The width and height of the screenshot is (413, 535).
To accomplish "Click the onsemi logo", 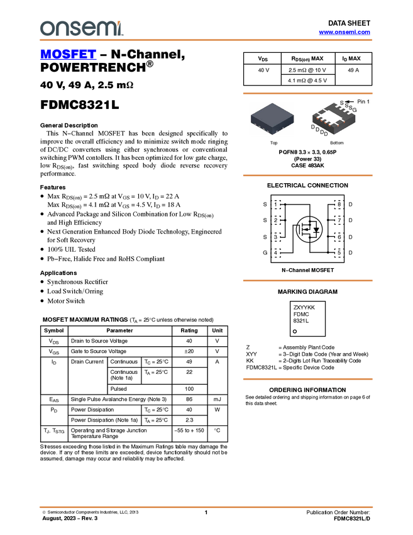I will point(81,28).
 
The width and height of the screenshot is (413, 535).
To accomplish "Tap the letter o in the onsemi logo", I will point(45,29).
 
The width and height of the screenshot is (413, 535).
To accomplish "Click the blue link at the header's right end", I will point(344,32).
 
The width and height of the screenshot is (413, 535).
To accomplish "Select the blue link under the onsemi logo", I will point(68,55).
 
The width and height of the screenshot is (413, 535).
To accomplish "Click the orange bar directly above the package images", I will point(307,93).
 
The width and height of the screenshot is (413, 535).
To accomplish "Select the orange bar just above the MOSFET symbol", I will point(307,175).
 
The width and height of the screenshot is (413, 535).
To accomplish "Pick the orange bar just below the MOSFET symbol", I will point(307,281).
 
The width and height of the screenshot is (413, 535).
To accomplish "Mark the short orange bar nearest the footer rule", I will point(307,379).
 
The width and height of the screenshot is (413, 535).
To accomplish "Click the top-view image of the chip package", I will point(272,118).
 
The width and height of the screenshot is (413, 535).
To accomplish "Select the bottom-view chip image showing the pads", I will point(334,118).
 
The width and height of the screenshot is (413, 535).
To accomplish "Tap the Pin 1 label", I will point(363,101).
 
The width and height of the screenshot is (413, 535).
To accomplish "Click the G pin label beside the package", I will point(354,110).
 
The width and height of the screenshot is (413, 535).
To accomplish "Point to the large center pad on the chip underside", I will point(333,114).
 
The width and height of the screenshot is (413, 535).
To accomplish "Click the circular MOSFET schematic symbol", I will point(309,229).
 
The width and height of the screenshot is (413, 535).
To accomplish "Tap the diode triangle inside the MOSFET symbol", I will point(317,230).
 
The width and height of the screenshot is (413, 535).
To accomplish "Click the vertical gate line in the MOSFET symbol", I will point(302,229).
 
